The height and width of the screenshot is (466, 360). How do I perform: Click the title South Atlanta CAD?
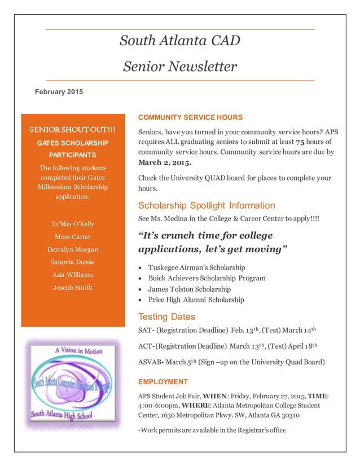tap(180, 41)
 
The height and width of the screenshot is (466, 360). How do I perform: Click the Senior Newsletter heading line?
tap(180, 67)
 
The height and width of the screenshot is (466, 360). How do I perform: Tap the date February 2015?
tap(59, 91)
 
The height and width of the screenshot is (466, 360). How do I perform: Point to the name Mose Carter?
tap(72, 236)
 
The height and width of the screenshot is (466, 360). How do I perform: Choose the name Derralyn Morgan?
tap(72, 249)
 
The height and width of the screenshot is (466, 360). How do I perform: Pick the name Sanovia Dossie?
tap(72, 262)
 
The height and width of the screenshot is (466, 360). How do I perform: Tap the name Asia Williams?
tap(72, 275)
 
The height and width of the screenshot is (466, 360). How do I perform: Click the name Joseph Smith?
tap(72, 287)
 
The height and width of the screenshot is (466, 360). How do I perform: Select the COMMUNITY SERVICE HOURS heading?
tap(190, 117)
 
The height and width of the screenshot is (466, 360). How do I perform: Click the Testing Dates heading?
tap(166, 316)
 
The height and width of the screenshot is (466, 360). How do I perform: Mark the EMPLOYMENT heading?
tap(163, 382)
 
